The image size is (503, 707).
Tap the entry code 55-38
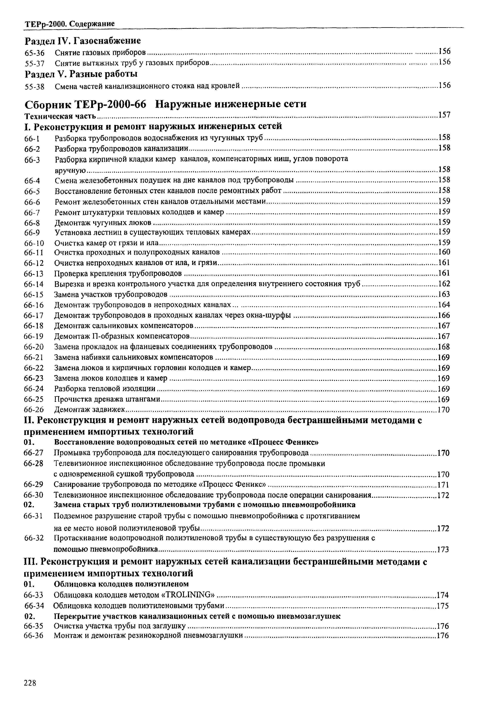(34, 87)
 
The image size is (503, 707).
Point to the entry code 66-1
(33, 139)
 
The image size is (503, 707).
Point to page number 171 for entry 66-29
(443, 485)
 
